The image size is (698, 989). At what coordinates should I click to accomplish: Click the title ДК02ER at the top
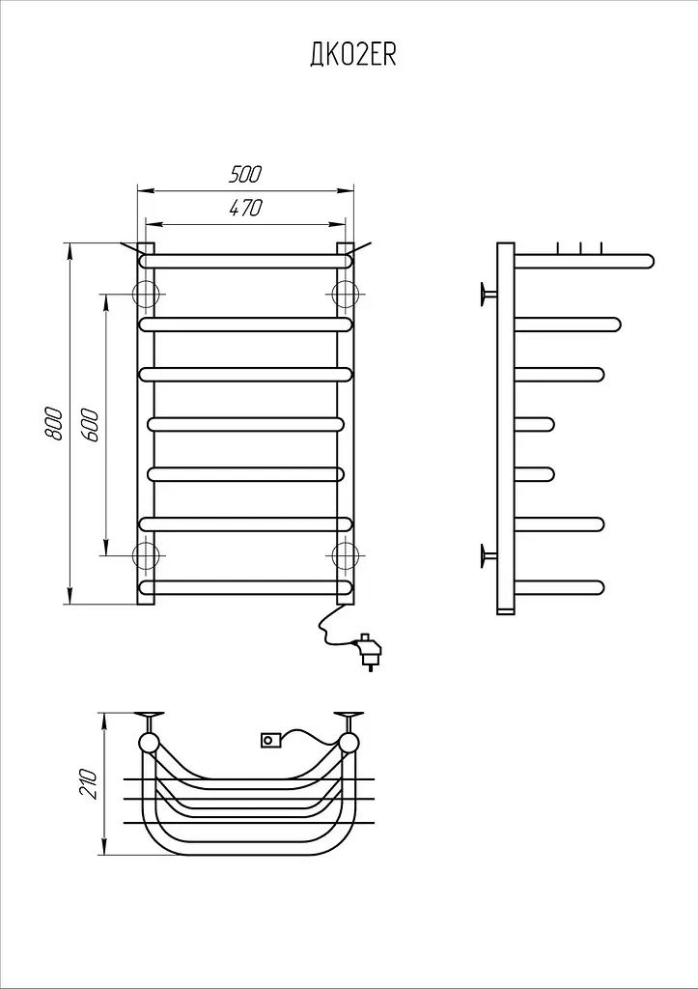352,56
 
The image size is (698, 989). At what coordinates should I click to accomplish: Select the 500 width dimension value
244,174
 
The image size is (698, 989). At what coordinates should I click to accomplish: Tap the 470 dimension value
244,208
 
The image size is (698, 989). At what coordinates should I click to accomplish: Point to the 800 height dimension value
54,423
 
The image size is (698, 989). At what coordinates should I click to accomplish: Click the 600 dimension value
90,425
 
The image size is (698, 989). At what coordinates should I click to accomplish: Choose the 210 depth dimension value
89,784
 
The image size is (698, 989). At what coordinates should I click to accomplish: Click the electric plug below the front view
368,651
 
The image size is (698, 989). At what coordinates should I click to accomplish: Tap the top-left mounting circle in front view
146,294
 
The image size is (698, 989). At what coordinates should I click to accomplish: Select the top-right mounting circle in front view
345,294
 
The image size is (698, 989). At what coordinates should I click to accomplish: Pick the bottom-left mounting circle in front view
146,555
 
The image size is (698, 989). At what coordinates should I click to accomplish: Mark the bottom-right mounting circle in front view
345,555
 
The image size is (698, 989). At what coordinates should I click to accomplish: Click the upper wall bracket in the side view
488,294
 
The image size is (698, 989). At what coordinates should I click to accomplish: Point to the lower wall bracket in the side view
488,555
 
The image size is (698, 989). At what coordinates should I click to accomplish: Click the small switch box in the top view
270,739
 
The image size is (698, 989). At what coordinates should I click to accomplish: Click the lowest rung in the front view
246,588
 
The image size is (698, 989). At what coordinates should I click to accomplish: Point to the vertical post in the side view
506,429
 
